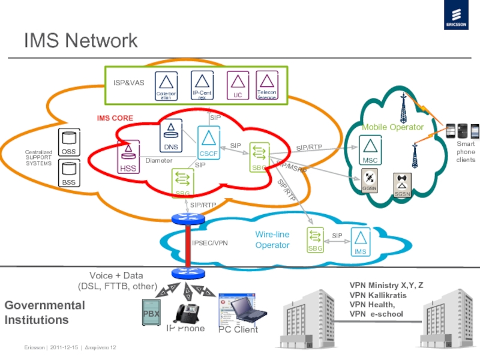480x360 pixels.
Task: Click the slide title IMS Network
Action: [x=81, y=41]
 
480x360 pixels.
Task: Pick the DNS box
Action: [x=170, y=135]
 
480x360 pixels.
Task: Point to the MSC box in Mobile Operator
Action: [x=370, y=149]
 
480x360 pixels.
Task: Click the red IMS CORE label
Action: [x=115, y=118]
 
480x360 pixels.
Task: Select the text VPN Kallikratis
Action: [x=378, y=296]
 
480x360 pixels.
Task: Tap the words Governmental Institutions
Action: [x=45, y=312]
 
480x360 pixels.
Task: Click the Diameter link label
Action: [x=159, y=161]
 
